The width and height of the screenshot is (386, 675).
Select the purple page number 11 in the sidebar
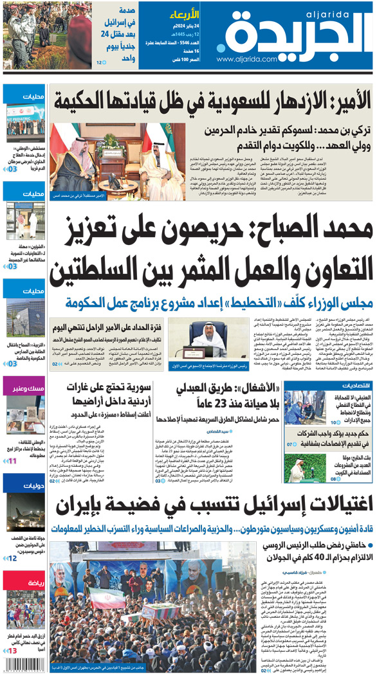[x=12, y=461]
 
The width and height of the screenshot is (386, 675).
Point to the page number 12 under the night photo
[x=13, y=559]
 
